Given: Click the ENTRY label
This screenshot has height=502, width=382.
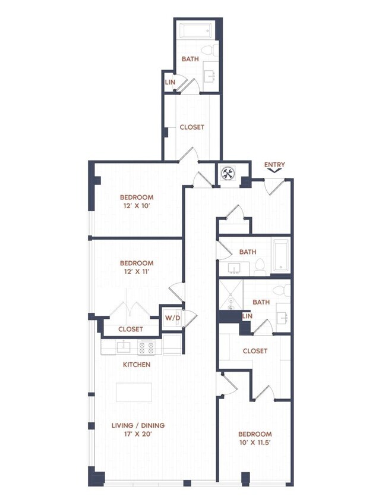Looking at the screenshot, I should click(x=274, y=165).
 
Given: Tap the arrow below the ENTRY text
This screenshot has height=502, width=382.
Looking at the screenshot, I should click(x=274, y=171).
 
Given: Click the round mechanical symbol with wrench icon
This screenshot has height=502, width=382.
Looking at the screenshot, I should click(x=229, y=174).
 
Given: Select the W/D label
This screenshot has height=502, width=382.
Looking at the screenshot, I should click(x=172, y=318).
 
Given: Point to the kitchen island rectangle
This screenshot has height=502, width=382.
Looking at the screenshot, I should click(x=134, y=393).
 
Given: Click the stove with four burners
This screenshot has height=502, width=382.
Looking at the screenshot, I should click(x=146, y=347).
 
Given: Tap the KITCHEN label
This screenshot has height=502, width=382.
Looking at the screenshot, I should click(x=137, y=365).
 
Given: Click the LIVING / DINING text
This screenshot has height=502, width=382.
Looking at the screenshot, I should click(x=138, y=425).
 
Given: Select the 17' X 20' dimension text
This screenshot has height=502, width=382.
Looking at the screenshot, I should click(x=138, y=435).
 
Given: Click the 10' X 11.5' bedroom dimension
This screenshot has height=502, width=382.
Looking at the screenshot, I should click(x=255, y=444).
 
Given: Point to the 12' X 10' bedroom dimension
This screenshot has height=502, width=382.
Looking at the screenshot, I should click(x=137, y=206).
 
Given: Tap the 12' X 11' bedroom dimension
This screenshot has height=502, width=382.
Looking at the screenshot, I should click(x=137, y=272).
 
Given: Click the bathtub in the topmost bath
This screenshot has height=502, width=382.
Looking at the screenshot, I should click(x=196, y=30).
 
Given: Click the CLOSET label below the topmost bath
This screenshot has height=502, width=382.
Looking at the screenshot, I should click(x=192, y=127).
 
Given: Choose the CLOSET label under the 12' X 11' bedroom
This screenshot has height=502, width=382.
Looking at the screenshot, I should click(x=130, y=329).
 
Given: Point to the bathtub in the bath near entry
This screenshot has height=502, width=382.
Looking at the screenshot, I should click(x=281, y=254).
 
